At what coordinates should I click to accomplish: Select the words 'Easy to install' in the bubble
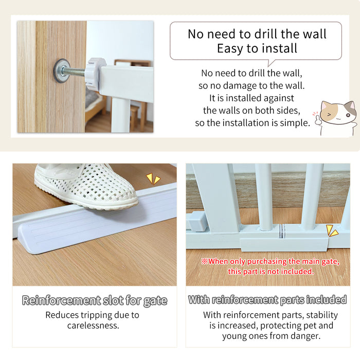click(x=257, y=49)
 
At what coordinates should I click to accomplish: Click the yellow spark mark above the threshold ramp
click(x=153, y=178)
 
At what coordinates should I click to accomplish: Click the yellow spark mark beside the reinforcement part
click(x=332, y=231)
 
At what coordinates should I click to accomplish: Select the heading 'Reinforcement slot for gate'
click(x=95, y=301)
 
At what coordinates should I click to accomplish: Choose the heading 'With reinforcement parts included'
click(x=267, y=300)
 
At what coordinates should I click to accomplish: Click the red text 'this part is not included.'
click(x=271, y=271)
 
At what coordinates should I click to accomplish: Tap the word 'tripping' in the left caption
click(x=92, y=315)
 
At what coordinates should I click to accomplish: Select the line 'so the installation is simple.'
click(x=252, y=123)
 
